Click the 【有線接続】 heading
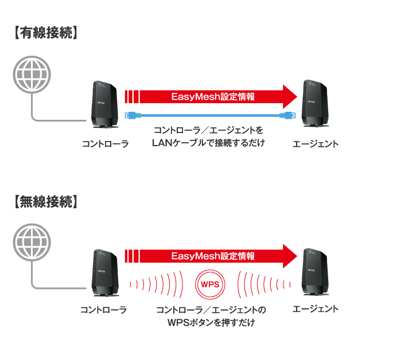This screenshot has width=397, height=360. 44,33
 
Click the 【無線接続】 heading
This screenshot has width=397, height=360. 44,202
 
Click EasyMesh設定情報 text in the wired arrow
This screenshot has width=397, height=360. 213,97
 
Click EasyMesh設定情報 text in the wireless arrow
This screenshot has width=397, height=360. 213,256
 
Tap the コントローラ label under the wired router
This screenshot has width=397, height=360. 104,144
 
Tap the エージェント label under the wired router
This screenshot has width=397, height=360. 315,144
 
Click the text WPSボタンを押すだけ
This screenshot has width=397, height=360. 211,323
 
